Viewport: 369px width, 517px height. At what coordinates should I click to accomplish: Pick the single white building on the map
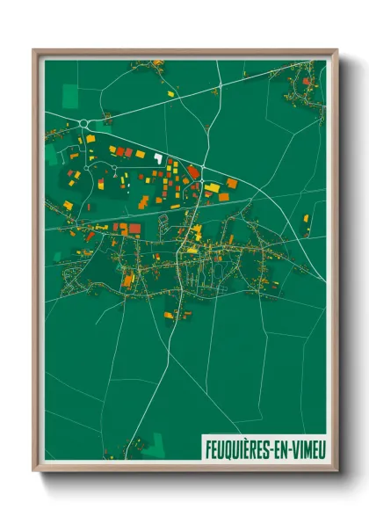coord(158,158)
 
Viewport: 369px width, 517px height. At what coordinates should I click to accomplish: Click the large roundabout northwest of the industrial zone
coord(85,123)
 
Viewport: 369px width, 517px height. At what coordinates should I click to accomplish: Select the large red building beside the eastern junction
coord(193,171)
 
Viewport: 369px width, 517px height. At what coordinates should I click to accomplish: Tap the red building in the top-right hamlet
coord(306,81)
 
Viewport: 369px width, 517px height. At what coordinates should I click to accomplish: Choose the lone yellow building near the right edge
coord(306,218)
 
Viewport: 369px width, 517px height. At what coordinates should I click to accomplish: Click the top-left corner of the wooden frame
coord(34,51)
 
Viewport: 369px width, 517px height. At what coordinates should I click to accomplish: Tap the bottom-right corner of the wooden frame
coord(336,470)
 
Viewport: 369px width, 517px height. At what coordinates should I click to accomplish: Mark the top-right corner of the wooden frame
coord(336,51)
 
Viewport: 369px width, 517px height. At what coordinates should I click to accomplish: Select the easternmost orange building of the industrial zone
coord(232,183)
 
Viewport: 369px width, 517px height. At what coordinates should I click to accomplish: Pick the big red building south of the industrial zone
coord(134,229)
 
